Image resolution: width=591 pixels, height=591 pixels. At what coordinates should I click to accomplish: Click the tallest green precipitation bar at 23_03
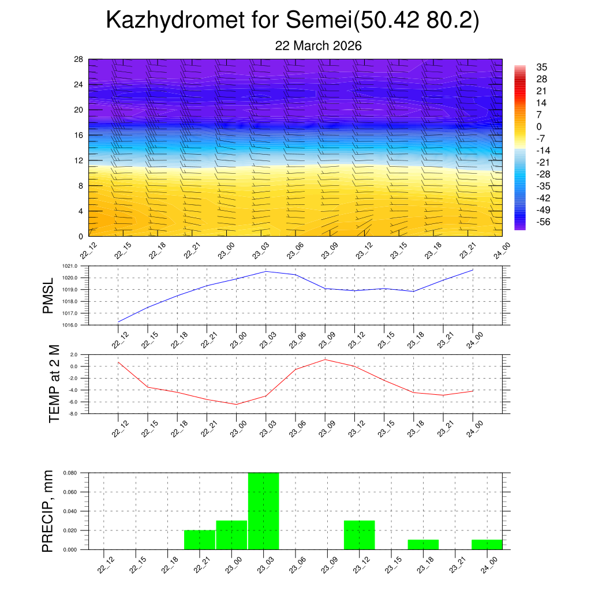263,511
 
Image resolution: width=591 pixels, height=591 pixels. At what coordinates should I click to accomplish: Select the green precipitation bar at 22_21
200,540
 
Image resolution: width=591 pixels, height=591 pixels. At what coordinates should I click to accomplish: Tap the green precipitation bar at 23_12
359,535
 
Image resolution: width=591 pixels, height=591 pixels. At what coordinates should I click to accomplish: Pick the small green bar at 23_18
423,544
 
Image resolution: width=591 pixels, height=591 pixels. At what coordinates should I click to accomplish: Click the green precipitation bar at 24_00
487,544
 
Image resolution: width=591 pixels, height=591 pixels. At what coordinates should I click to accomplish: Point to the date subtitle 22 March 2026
318,46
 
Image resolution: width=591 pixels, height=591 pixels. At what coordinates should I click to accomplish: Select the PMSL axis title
48,295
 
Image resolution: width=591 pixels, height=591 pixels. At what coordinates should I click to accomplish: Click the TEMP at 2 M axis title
54,383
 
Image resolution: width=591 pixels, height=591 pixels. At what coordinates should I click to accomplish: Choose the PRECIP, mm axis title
48,511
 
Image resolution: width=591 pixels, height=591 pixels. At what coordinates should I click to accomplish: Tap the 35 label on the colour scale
541,67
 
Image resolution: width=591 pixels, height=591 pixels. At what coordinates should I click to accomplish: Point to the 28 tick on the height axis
79,59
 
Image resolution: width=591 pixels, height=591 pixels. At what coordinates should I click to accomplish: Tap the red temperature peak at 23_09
325,360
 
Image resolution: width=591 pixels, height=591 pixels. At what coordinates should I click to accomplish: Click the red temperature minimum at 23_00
236,404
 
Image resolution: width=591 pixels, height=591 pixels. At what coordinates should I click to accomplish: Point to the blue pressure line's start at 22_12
118,321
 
